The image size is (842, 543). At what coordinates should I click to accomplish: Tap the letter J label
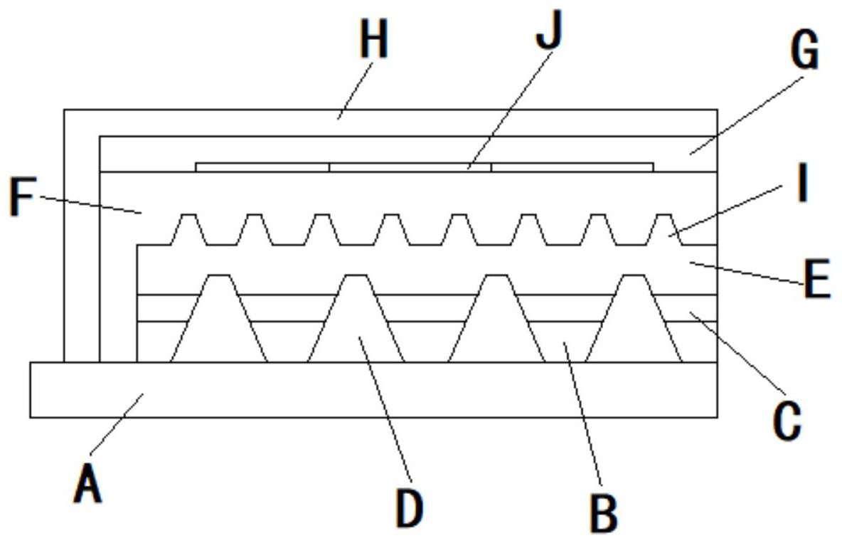(x=548, y=31)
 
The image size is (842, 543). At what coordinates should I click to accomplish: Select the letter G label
(x=804, y=51)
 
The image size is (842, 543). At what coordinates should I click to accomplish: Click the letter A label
(x=87, y=484)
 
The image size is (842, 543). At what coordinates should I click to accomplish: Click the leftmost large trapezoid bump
(x=219, y=318)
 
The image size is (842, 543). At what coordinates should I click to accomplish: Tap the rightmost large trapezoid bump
(x=634, y=318)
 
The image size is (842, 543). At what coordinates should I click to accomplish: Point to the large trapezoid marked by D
(x=356, y=318)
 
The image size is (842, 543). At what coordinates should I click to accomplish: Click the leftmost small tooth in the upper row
(x=188, y=230)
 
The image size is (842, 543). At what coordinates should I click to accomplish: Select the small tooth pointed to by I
(x=665, y=230)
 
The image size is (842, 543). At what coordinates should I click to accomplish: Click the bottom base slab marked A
(x=374, y=390)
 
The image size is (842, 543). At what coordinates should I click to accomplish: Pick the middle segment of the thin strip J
(x=410, y=167)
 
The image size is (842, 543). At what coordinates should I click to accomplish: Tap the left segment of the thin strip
(x=262, y=167)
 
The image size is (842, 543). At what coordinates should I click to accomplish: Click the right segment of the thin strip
(x=572, y=167)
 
